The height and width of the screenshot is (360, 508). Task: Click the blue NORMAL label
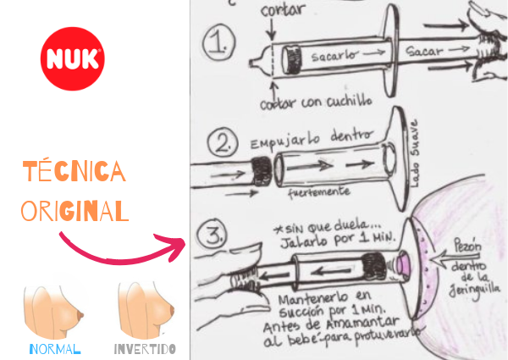pyautogui.click(x=55, y=348)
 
